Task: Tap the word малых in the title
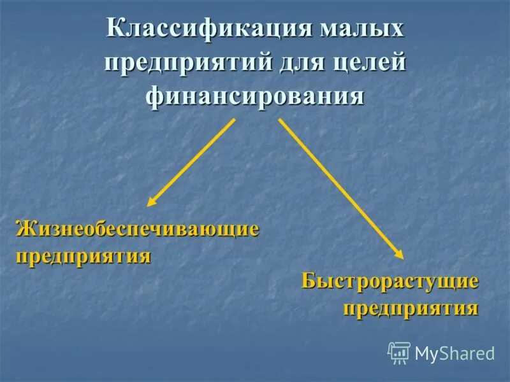point(363,30)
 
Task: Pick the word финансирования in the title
point(255,97)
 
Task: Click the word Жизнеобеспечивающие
point(137,229)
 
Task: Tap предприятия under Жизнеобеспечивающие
point(83,257)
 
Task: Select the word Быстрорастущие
point(390,281)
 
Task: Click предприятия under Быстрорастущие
point(411,309)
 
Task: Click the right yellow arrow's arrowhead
point(399,254)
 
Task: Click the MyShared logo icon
point(399,353)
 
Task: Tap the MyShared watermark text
point(455,353)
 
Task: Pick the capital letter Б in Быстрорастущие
point(309,281)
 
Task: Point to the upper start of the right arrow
point(280,120)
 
